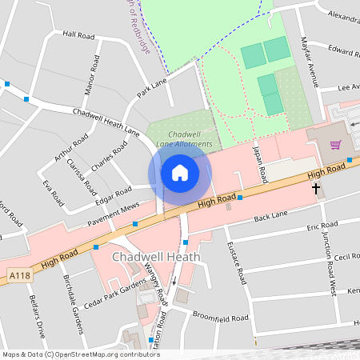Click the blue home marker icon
[x=180, y=172]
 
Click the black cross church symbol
[x=316, y=189]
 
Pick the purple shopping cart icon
[x=336, y=145]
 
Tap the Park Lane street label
[x=152, y=87]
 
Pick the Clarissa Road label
[x=86, y=182]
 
